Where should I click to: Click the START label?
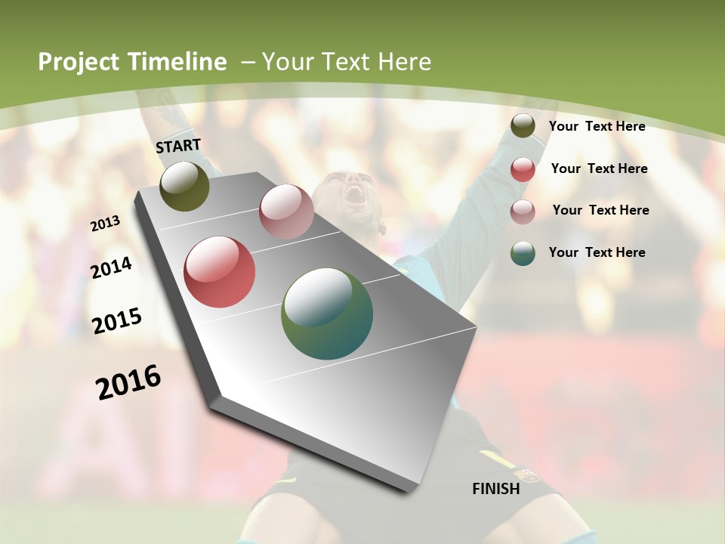pyautogui.click(x=178, y=146)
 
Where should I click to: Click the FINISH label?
pyautogui.click(x=495, y=489)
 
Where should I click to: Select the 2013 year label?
pyautogui.click(x=106, y=223)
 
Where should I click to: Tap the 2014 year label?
pyautogui.click(x=112, y=267)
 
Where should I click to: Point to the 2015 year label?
pyautogui.click(x=117, y=321)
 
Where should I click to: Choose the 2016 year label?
pyautogui.click(x=129, y=382)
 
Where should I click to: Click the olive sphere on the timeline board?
pyautogui.click(x=184, y=186)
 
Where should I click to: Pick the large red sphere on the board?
pyautogui.click(x=220, y=272)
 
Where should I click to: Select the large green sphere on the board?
pyautogui.click(x=327, y=314)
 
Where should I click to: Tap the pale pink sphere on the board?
pyautogui.click(x=286, y=212)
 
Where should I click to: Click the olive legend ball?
pyautogui.click(x=523, y=126)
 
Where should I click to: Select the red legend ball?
pyautogui.click(x=523, y=169)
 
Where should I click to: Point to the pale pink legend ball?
pyautogui.click(x=523, y=212)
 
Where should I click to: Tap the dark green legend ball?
pyautogui.click(x=523, y=253)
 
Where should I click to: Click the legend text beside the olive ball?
pyautogui.click(x=597, y=126)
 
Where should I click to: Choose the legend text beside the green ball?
pyautogui.click(x=597, y=252)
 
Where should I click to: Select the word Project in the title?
pyautogui.click(x=79, y=62)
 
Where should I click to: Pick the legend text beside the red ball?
pyautogui.click(x=599, y=168)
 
